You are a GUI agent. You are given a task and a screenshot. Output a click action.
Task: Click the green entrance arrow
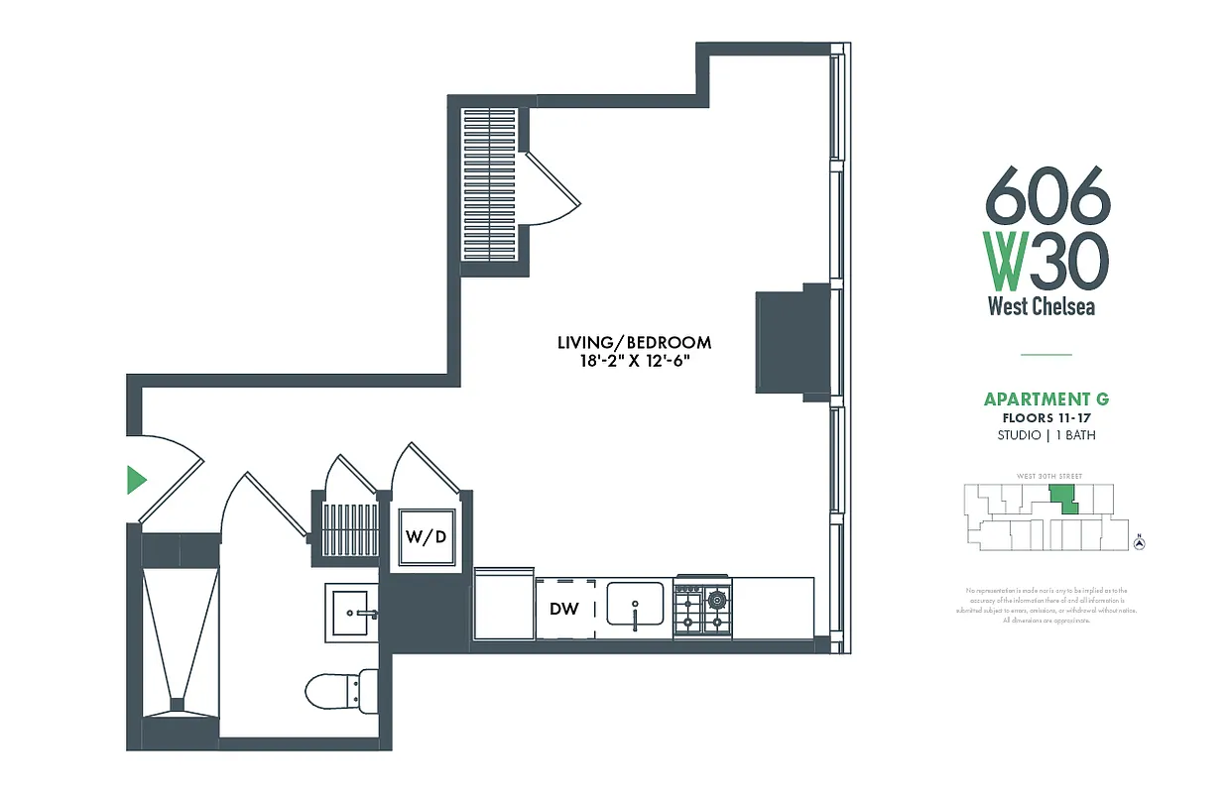[x=137, y=481]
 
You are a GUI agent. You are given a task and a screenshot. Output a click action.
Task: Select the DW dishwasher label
[x=564, y=609]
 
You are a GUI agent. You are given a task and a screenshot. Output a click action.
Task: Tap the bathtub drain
[x=178, y=705]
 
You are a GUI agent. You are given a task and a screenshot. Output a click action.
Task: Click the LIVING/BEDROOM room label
[x=634, y=343]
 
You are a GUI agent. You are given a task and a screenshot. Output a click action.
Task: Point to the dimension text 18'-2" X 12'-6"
[x=634, y=362]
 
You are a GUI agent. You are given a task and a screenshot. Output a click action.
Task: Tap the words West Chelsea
[x=1042, y=306]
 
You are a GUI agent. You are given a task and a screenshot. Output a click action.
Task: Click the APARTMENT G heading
[x=1045, y=399]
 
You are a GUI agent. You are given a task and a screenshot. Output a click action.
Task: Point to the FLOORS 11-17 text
[x=1045, y=418]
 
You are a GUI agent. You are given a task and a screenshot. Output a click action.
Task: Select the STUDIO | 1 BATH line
[x=1045, y=435]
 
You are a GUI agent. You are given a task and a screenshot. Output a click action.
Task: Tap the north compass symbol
[x=1140, y=541]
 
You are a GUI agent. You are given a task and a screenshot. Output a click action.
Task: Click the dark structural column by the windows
[x=793, y=342]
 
